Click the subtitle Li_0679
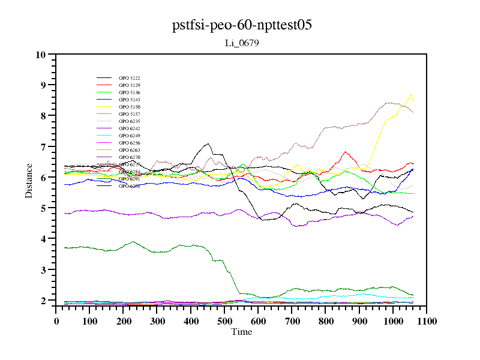coord(242,43)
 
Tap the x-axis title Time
coord(242,332)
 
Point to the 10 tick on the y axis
coord(41,55)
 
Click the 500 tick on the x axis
coord(224,321)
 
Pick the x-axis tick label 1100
coord(427,321)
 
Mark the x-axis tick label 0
coord(56,321)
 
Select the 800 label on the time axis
coord(325,321)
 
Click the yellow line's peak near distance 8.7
coord(411,94)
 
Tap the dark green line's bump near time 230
coord(133,242)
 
